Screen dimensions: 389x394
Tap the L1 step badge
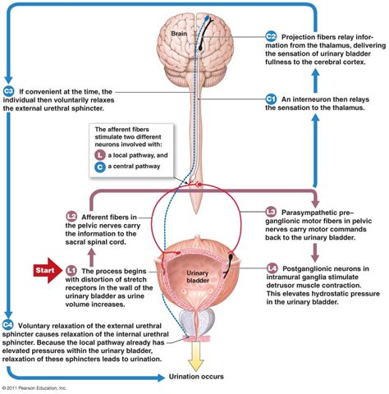point(71,271)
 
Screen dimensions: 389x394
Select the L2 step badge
point(71,217)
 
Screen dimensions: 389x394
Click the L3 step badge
point(271,212)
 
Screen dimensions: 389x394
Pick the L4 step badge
point(272,268)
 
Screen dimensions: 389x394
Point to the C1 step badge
point(271,98)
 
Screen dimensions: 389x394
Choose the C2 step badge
point(271,36)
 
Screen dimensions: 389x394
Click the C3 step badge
point(9,91)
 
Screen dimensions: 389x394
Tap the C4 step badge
point(7,325)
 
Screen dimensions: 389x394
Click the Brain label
point(179,34)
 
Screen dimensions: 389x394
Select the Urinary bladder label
point(198,277)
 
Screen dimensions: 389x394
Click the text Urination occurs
point(196,377)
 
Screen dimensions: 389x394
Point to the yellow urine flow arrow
point(196,356)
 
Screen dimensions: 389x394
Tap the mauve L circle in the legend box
point(100,155)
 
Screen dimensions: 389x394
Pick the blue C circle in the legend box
point(100,167)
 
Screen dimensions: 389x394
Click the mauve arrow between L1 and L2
point(92,258)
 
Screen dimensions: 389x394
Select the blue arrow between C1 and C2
point(315,80)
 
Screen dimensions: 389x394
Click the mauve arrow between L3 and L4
point(315,252)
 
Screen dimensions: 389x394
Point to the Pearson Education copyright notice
point(34,388)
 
